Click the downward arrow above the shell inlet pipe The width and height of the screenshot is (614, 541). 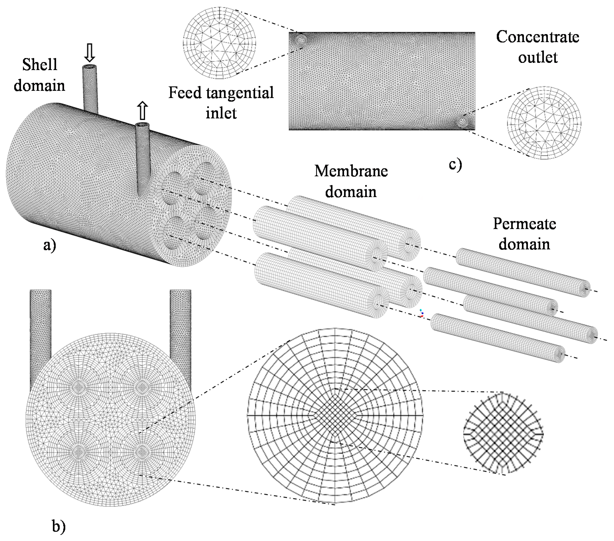click(90, 53)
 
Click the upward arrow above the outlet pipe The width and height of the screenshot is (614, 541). click(143, 110)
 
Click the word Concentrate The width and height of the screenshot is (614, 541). click(537, 37)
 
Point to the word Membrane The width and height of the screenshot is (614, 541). click(351, 171)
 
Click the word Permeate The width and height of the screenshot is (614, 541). click(524, 224)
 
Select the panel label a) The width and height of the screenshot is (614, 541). click(50, 245)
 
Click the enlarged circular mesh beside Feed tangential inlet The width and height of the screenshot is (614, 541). click(220, 43)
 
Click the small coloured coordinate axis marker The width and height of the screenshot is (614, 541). click(421, 313)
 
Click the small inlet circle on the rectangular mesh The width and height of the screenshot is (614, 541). click(300, 40)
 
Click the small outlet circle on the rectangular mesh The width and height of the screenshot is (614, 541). click(463, 122)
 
